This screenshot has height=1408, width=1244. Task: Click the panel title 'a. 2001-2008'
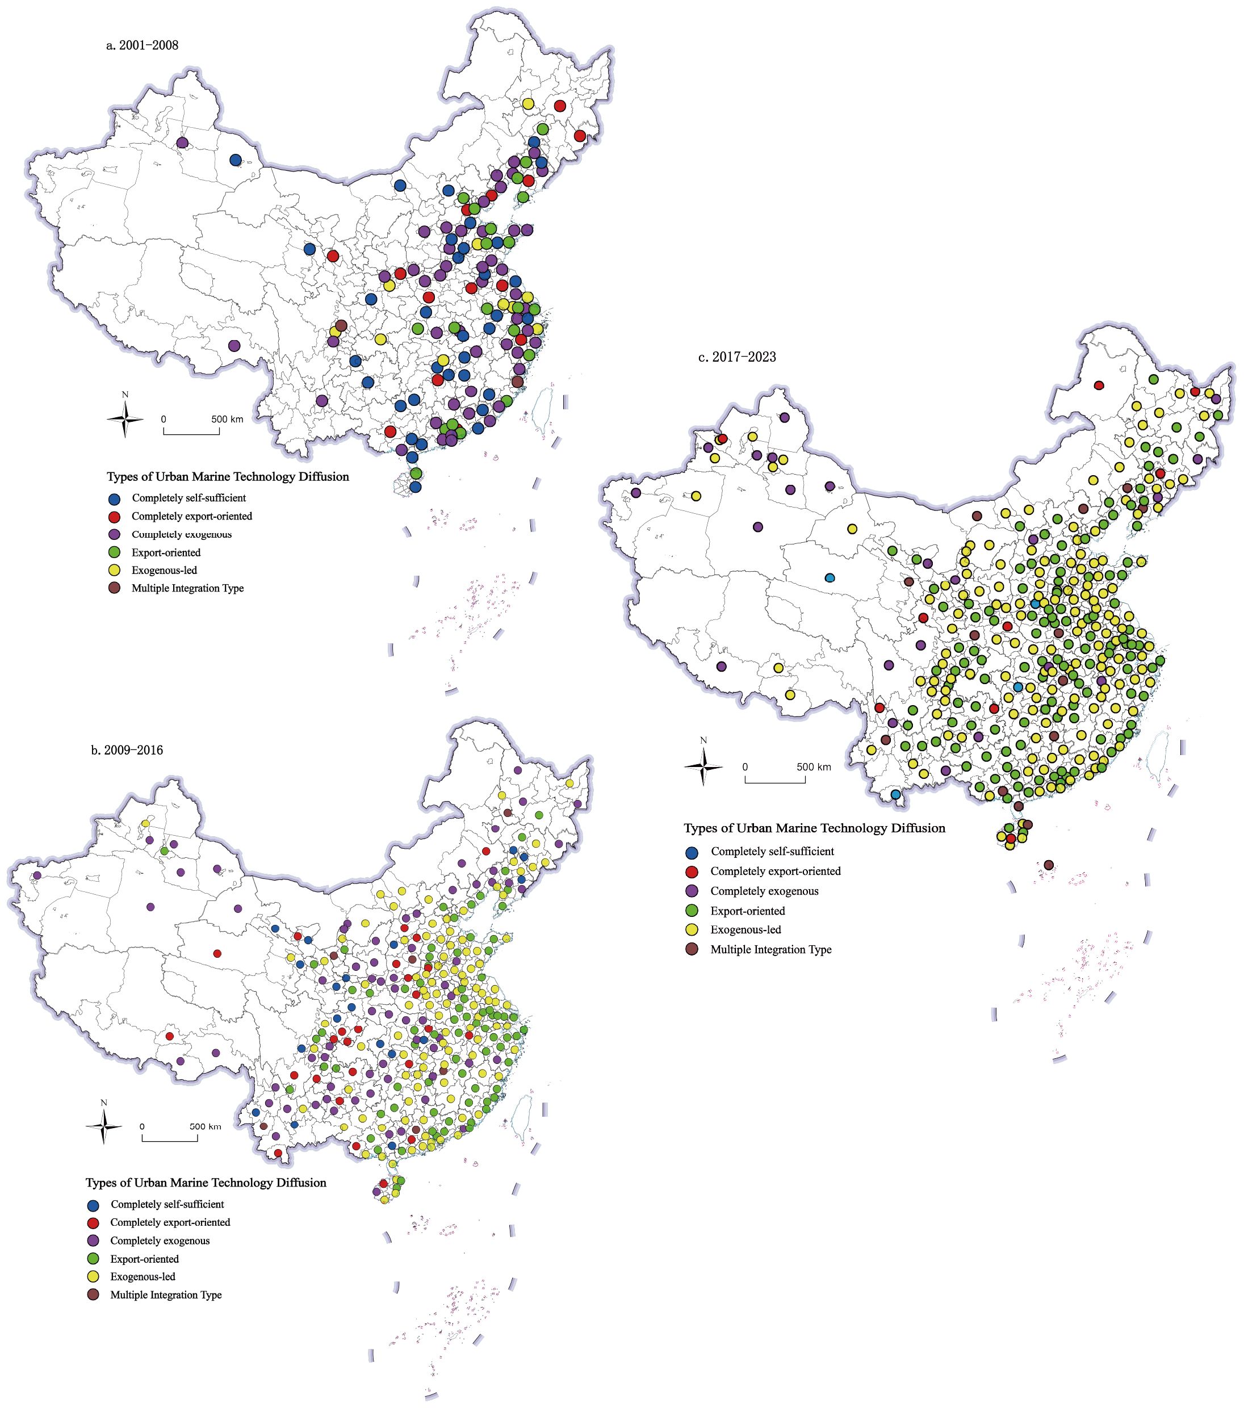pos(142,45)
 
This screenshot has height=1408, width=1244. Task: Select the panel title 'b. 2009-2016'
pos(127,750)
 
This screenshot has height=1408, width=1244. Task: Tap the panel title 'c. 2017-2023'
pos(737,357)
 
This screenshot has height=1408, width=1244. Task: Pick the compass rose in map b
pos(104,1126)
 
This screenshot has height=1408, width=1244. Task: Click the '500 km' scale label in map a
pos(227,419)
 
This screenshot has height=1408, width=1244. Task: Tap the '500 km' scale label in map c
pos(814,766)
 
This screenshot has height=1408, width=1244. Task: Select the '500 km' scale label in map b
pos(206,1126)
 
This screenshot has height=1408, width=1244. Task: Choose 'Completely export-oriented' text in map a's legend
pos(191,516)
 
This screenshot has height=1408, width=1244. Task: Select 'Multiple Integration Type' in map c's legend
pos(771,949)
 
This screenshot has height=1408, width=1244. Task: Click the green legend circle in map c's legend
pos(692,911)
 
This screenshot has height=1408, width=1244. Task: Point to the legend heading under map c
pos(814,828)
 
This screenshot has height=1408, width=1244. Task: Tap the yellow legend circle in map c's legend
pos(692,930)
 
